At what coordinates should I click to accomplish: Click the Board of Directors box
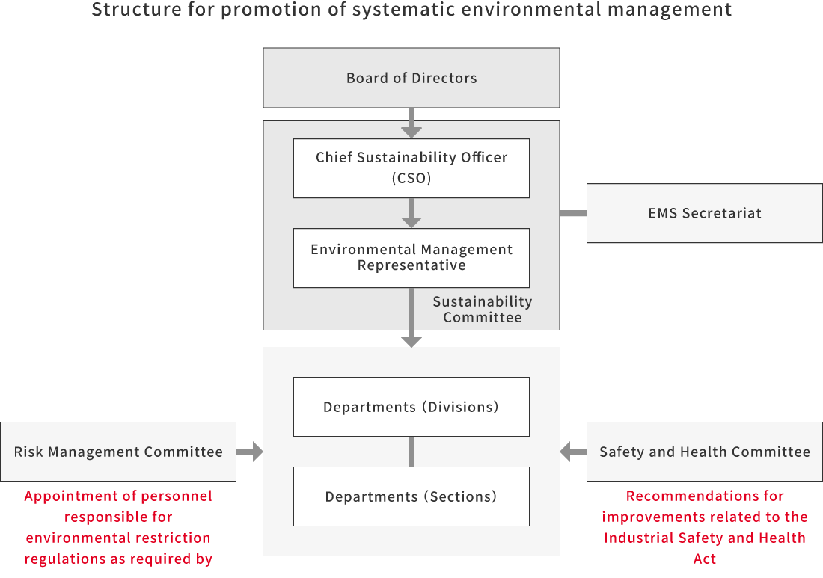pos(411,78)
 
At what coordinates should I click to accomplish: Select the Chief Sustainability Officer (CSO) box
pos(411,167)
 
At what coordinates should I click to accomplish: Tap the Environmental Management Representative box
pos(411,257)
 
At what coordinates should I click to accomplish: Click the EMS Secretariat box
pos(704,213)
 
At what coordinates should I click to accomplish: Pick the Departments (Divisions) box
pos(411,407)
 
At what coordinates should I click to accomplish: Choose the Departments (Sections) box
pos(411,496)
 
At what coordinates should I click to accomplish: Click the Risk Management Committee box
pos(118,452)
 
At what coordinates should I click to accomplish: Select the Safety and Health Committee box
pos(704,452)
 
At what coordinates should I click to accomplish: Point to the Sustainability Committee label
pos(483,310)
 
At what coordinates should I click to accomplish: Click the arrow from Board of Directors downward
pos(411,123)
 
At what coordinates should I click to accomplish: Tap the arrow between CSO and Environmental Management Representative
pos(411,213)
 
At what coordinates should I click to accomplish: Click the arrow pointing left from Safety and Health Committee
pos(573,452)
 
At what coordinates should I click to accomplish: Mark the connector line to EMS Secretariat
pos(573,213)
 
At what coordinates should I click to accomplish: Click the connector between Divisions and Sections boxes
pos(411,452)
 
